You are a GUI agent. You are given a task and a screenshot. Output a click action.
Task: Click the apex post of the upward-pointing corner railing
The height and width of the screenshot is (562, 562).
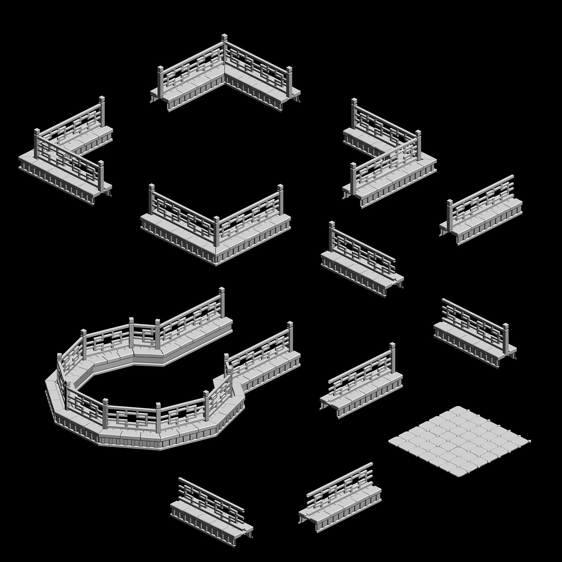[x=224, y=52]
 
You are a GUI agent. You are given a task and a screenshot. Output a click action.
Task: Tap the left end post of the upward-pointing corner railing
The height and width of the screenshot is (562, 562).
[x=160, y=81]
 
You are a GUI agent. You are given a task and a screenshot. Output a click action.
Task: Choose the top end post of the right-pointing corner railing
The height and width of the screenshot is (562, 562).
[x=354, y=112]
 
